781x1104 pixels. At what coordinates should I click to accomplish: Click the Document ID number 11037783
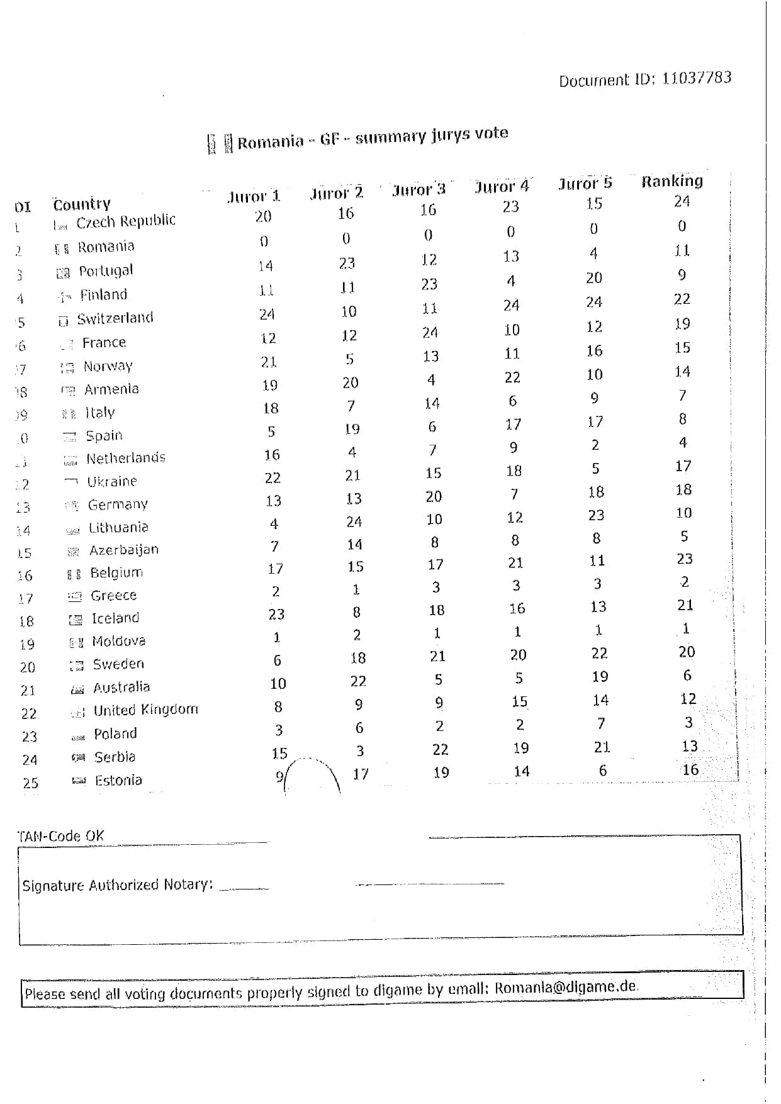(x=697, y=78)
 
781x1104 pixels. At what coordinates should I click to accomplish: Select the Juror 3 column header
(x=419, y=189)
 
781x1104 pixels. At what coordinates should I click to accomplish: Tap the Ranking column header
(x=672, y=181)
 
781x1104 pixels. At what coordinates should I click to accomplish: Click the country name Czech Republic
(x=126, y=221)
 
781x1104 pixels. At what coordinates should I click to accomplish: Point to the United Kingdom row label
(x=145, y=710)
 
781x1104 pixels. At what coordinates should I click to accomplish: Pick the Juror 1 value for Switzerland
(x=267, y=314)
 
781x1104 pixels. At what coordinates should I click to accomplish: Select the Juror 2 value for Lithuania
(x=354, y=521)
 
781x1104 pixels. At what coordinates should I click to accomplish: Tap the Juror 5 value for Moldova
(x=598, y=630)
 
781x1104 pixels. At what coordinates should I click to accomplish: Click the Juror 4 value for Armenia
(x=512, y=377)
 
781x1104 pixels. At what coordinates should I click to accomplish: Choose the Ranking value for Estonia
(x=690, y=769)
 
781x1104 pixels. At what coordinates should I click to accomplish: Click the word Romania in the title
(x=271, y=142)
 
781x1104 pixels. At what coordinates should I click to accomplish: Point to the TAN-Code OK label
(x=60, y=836)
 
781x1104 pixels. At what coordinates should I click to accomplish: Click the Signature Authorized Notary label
(x=118, y=886)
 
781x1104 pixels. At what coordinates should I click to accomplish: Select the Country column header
(x=82, y=204)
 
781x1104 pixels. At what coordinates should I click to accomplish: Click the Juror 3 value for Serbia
(x=440, y=749)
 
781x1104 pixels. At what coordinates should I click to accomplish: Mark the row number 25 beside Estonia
(x=30, y=783)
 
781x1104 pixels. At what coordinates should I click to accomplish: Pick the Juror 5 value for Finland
(x=594, y=302)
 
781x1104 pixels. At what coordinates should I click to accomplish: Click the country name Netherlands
(x=126, y=458)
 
